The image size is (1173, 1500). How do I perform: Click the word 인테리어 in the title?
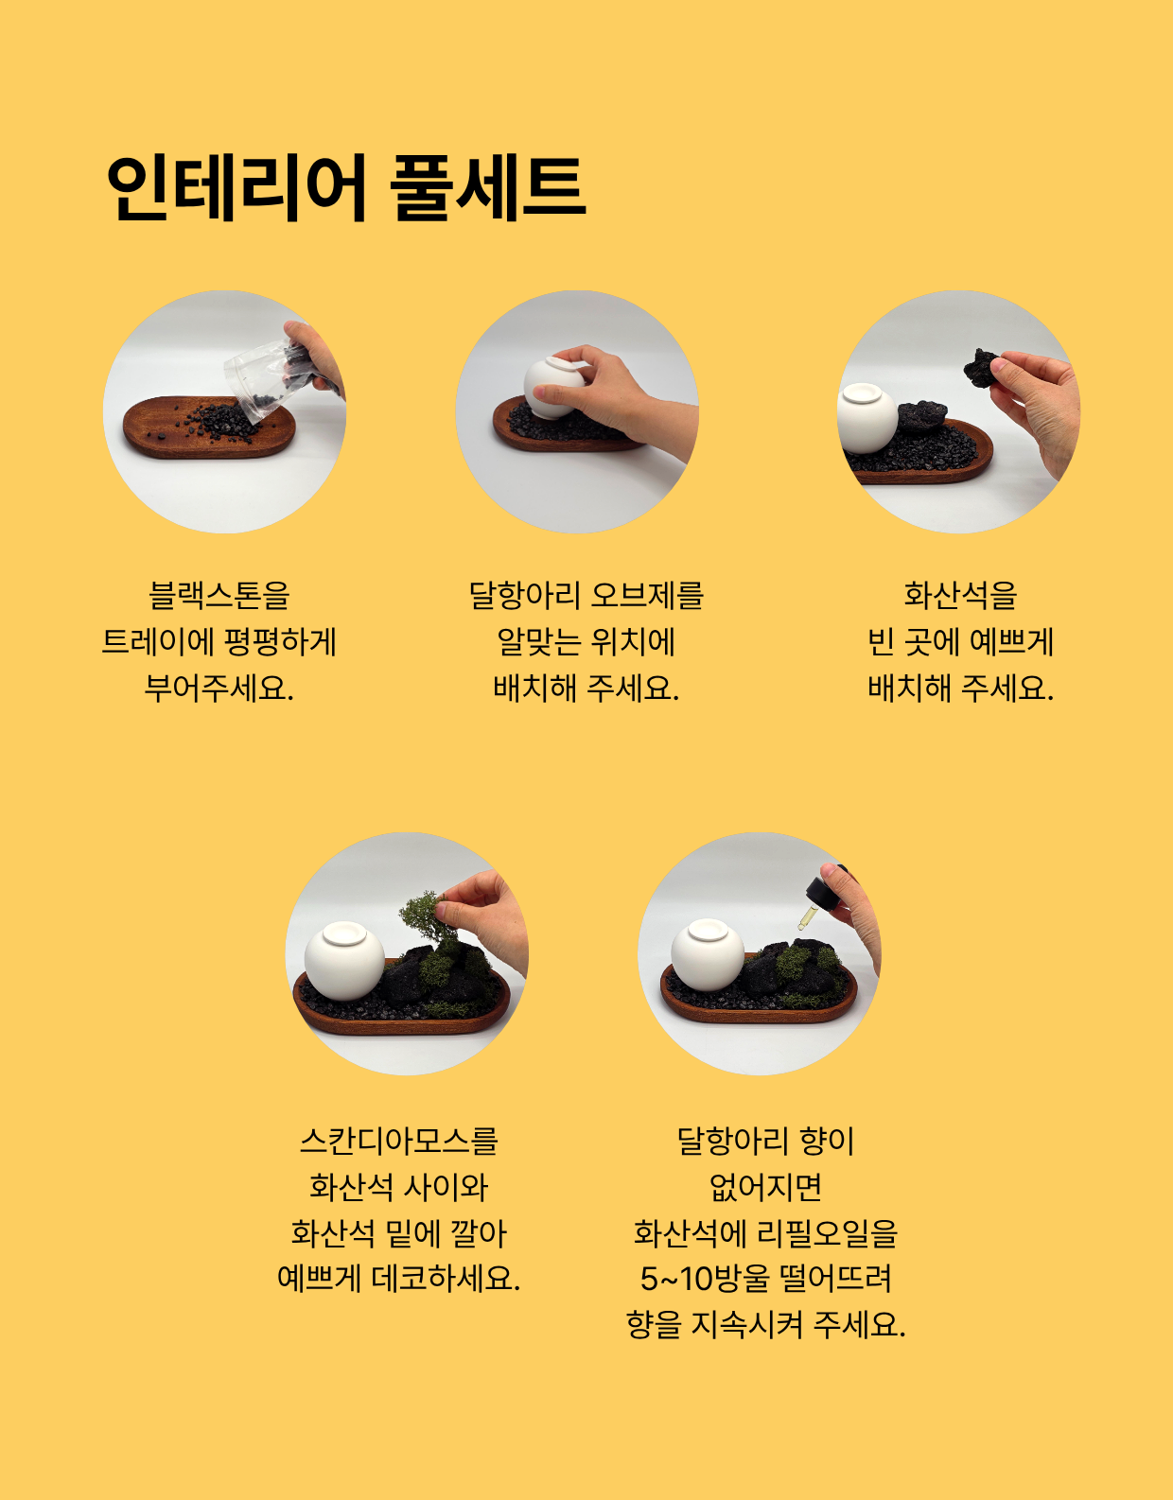(236, 188)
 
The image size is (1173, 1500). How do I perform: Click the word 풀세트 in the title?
(487, 188)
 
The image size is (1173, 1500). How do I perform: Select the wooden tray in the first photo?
(208, 427)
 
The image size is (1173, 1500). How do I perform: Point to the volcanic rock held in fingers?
(982, 366)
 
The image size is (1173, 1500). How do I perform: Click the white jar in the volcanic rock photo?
(867, 418)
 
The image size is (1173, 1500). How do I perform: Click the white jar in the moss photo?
(344, 960)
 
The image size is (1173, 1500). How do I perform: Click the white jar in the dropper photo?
(708, 954)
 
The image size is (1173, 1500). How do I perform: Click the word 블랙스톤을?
(219, 595)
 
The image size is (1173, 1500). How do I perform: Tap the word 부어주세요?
(219, 688)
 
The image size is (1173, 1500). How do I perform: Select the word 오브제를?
(647, 595)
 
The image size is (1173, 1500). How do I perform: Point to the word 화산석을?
(960, 595)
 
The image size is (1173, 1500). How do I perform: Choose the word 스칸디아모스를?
(399, 1141)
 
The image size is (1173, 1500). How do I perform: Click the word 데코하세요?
(446, 1278)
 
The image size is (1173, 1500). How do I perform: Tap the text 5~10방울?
(704, 1278)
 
